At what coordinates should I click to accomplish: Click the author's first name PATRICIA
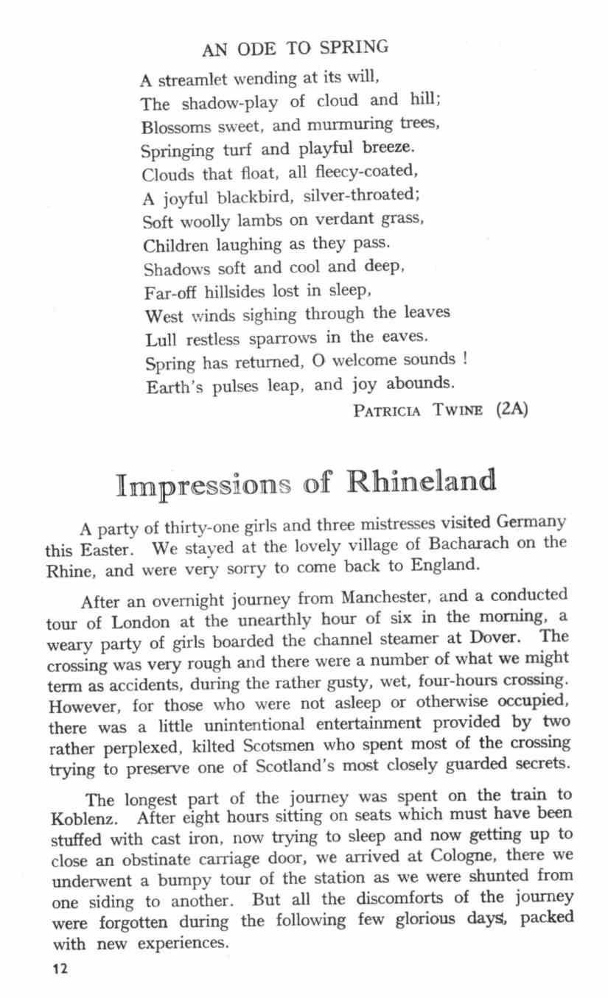387,410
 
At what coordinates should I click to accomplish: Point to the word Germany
531,522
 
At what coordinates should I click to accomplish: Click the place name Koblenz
81,819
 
